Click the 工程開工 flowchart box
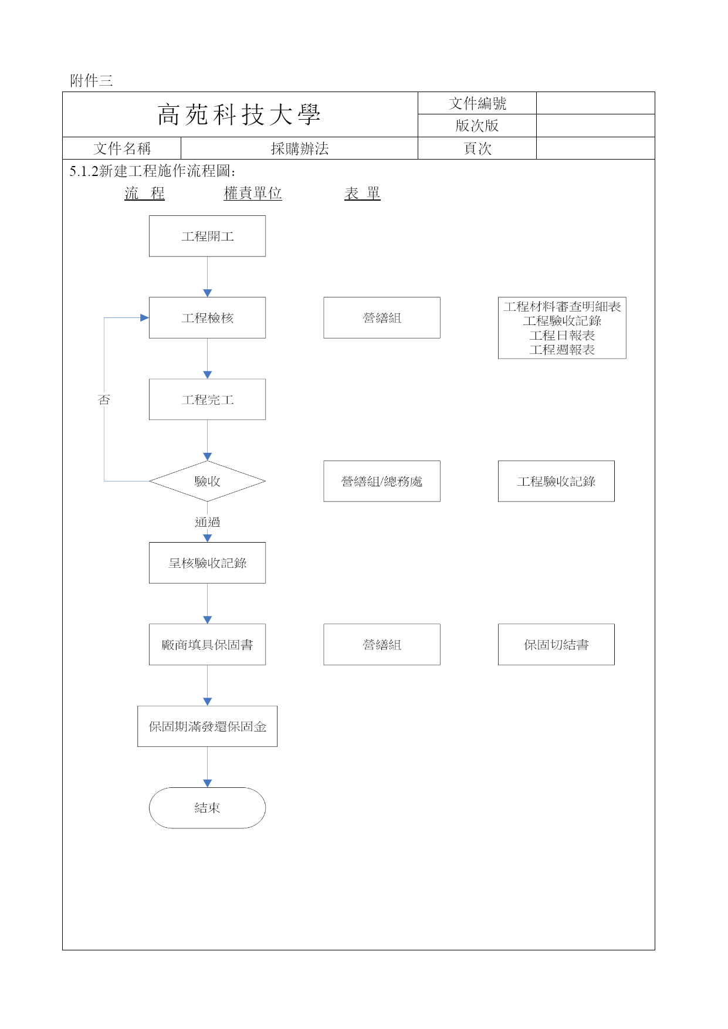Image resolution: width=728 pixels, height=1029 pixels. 207,236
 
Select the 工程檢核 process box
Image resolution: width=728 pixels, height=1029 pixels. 207,317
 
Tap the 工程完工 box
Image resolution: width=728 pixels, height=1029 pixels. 207,399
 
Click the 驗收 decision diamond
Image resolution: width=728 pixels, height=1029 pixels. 207,481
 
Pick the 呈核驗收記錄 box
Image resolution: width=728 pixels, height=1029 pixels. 207,563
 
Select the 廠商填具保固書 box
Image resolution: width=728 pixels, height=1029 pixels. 207,644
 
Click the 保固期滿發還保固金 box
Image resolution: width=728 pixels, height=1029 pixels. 207,726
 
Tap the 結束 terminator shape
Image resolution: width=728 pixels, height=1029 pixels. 207,808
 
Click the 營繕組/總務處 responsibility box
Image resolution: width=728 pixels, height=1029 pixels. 382,481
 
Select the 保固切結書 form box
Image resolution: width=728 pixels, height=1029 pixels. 556,644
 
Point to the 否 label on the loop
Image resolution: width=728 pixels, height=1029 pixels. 104,400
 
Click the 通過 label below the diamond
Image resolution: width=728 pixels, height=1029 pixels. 207,522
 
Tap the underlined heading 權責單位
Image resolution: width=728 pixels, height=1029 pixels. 253,193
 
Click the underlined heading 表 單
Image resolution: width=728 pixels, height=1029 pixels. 362,193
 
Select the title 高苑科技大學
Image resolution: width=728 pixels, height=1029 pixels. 239,114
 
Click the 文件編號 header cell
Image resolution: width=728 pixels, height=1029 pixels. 477,103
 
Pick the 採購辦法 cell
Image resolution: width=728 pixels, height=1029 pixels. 299,148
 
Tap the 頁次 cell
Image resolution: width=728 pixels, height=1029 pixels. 477,148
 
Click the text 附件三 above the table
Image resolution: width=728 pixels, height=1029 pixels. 91,80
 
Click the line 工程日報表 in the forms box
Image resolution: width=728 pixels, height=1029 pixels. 562,335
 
